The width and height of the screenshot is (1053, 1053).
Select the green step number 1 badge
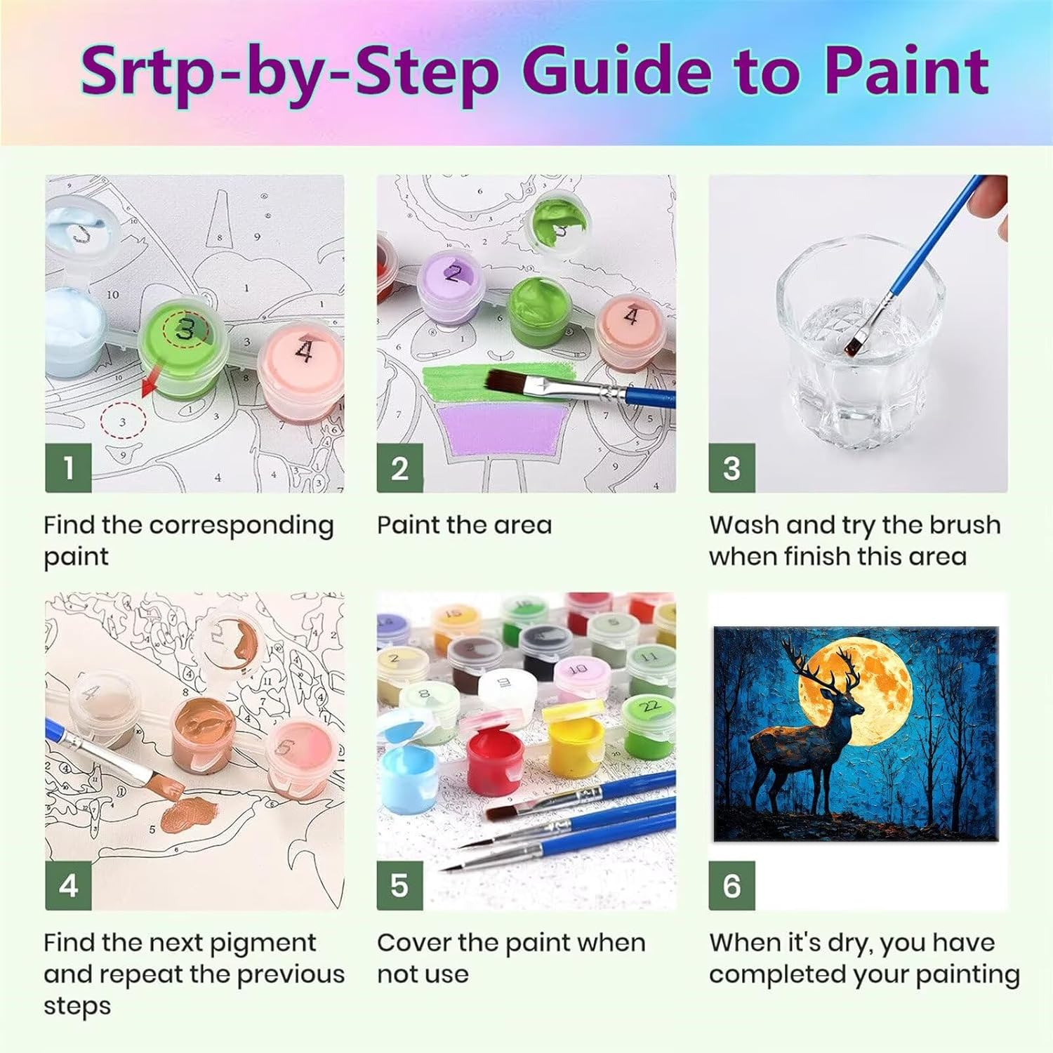click(x=68, y=468)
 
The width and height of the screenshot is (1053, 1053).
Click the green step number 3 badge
click(x=731, y=468)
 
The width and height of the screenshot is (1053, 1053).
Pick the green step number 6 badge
click(x=731, y=886)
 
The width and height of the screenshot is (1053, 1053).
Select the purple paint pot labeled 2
click(x=453, y=288)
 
